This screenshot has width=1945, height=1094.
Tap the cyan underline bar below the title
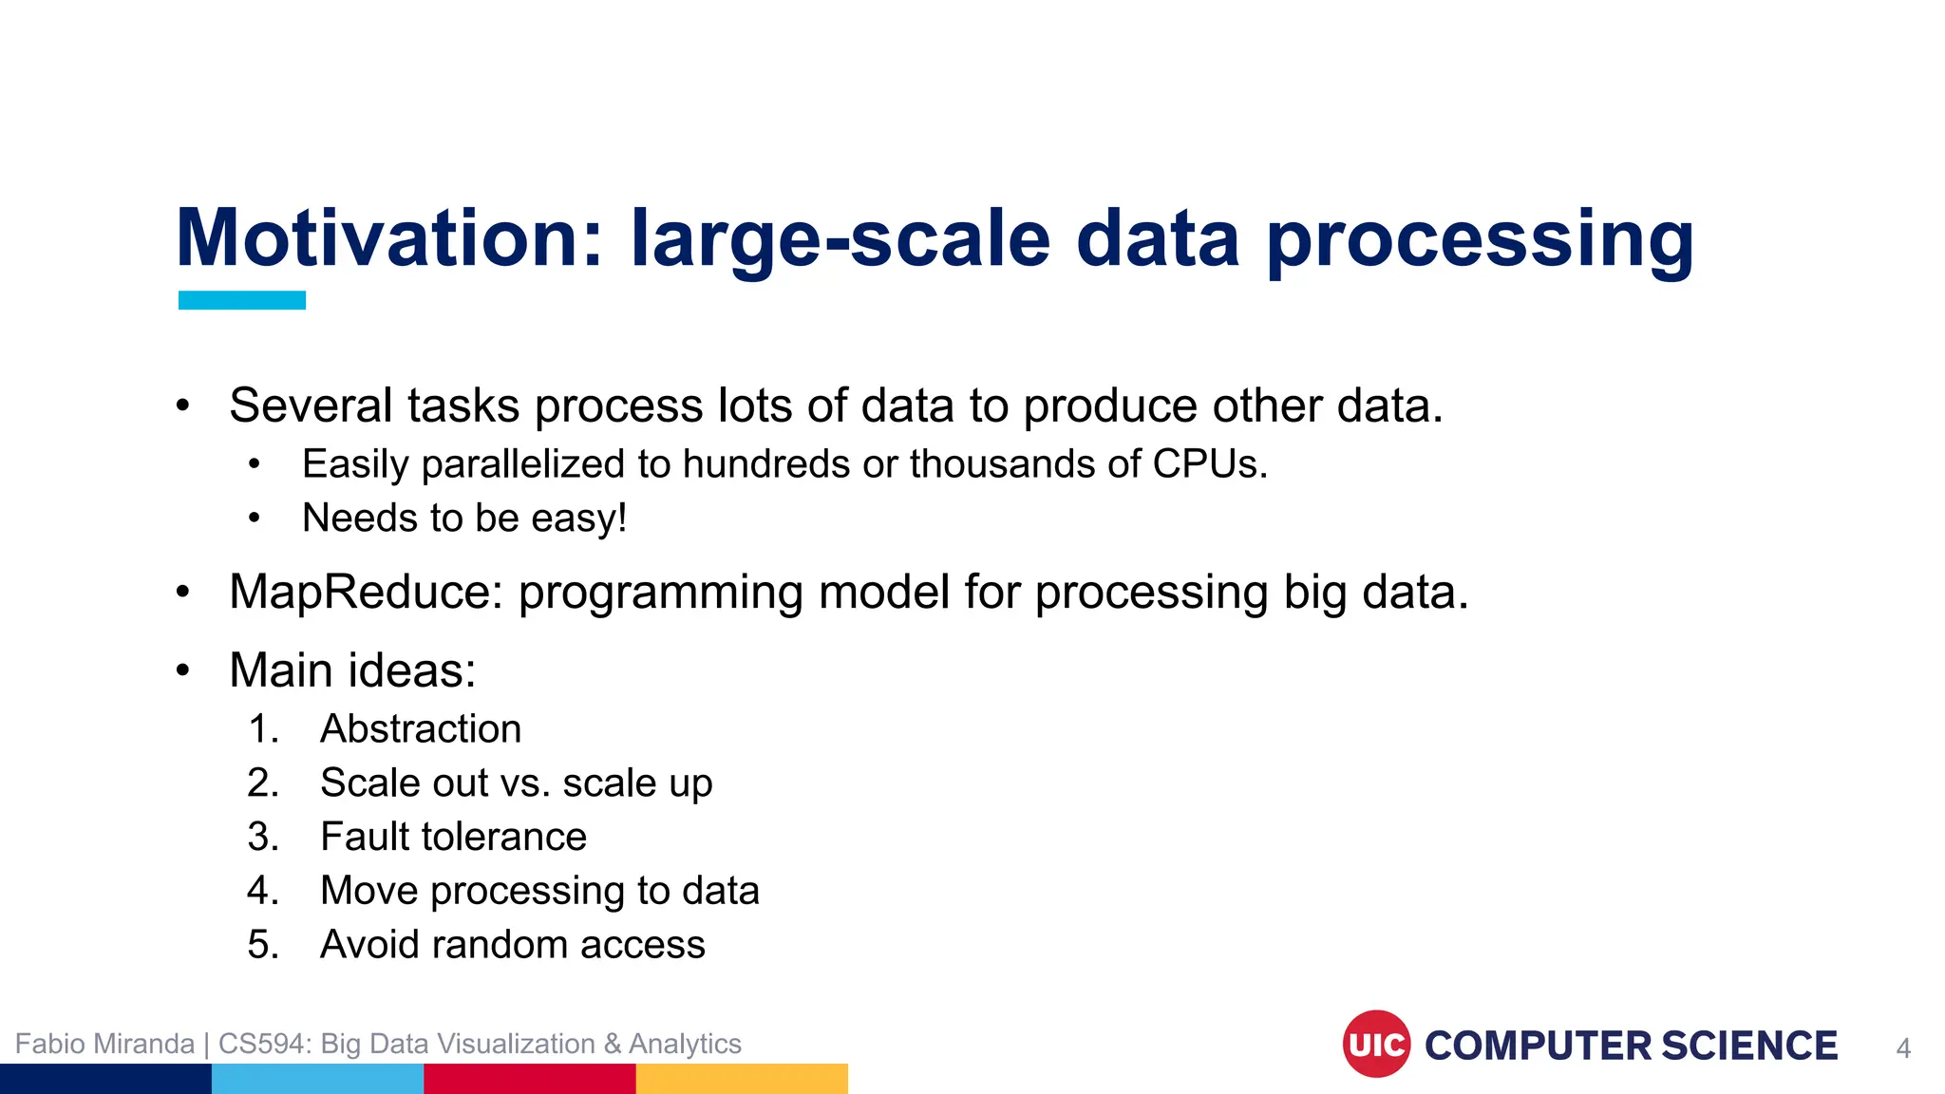[x=242, y=300]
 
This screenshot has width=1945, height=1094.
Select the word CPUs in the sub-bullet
[x=1208, y=464]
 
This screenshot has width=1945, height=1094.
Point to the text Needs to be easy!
[x=464, y=519]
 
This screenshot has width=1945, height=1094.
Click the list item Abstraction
[x=421, y=729]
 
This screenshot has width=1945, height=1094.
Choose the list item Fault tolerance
[x=453, y=838]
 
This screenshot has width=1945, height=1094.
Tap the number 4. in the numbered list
[x=263, y=892]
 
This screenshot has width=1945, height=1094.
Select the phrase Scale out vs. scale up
[x=516, y=783]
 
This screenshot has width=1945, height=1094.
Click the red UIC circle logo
[x=1376, y=1045]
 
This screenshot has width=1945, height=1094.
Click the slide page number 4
[x=1902, y=1049]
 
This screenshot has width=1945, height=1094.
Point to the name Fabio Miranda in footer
[x=104, y=1044]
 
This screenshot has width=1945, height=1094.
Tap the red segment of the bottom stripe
[x=529, y=1079]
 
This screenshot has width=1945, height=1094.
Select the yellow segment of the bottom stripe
[x=741, y=1079]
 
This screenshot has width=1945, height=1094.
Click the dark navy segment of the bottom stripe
[x=105, y=1079]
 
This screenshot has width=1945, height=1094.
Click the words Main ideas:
[x=352, y=670]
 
